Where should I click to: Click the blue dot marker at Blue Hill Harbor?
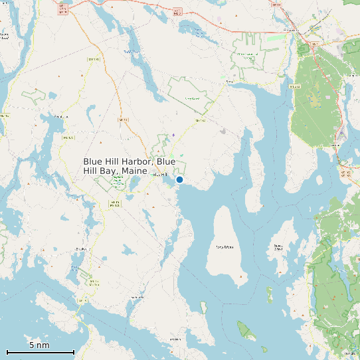[x=179, y=179]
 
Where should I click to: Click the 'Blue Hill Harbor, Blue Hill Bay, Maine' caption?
[x=130, y=166]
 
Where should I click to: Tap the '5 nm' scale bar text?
[x=39, y=345]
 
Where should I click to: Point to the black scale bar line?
[x=40, y=352]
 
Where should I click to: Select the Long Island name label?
[x=225, y=247]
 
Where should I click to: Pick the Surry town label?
[x=230, y=82]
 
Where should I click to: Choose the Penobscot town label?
[x=61, y=116]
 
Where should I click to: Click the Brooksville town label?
[x=82, y=249]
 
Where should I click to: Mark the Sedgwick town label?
[x=137, y=297]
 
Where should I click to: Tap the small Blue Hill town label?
[x=159, y=174]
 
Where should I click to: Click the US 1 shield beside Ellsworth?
[x=314, y=44]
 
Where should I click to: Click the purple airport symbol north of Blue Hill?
[x=173, y=135]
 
